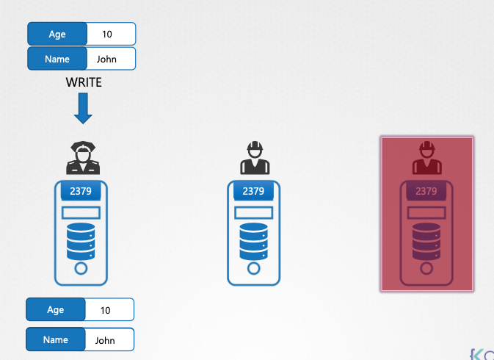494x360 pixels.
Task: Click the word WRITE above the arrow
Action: [x=84, y=82]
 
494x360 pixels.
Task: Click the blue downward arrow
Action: [x=84, y=108]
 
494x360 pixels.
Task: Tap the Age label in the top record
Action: [x=57, y=34]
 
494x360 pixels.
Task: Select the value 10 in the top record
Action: [x=106, y=34]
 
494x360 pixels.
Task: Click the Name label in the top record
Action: [x=57, y=59]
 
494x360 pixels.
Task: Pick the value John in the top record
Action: [x=106, y=59]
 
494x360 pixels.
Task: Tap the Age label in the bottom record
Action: [x=56, y=310]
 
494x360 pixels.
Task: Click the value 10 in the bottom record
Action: [x=106, y=310]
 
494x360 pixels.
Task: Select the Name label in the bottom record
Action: [x=56, y=340]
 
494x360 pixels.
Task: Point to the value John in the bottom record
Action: [x=106, y=340]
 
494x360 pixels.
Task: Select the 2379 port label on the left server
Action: [x=81, y=192]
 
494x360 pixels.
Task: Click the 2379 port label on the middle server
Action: [x=253, y=192]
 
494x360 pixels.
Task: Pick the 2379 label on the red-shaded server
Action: [x=426, y=192]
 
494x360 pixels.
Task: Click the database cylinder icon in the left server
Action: [x=81, y=242]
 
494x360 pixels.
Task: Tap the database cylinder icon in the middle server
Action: [x=253, y=242]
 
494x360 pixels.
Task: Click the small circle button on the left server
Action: [x=81, y=269]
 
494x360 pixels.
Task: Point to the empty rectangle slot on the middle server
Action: [x=253, y=213]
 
